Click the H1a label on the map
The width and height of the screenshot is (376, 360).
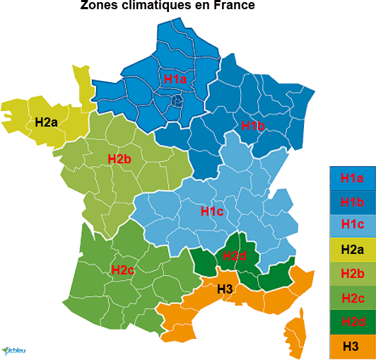pos(175,79)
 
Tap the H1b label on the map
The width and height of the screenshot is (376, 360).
pos(252,126)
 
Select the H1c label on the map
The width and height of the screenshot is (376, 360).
pos(212,211)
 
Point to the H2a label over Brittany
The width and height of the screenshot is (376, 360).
pos(46,122)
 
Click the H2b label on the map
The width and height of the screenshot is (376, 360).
pos(119,159)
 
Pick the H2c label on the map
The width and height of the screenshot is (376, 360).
pos(123,269)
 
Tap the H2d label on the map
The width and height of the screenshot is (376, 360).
pos(234,256)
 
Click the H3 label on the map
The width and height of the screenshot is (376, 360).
pos(225,289)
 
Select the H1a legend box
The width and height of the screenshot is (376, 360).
pos(351,178)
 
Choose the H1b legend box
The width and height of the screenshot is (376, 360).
pos(351,202)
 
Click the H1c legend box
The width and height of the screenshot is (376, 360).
pos(351,225)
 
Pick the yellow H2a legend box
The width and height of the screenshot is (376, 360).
pos(351,249)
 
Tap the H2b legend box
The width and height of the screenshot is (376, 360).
pos(351,273)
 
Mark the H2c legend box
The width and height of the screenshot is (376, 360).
pos(351,297)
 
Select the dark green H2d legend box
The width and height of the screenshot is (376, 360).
pos(351,321)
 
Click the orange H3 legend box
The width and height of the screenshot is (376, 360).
pos(351,346)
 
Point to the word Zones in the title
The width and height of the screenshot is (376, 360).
pos(98,6)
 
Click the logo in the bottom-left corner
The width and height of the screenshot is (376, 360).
pos(14,349)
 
